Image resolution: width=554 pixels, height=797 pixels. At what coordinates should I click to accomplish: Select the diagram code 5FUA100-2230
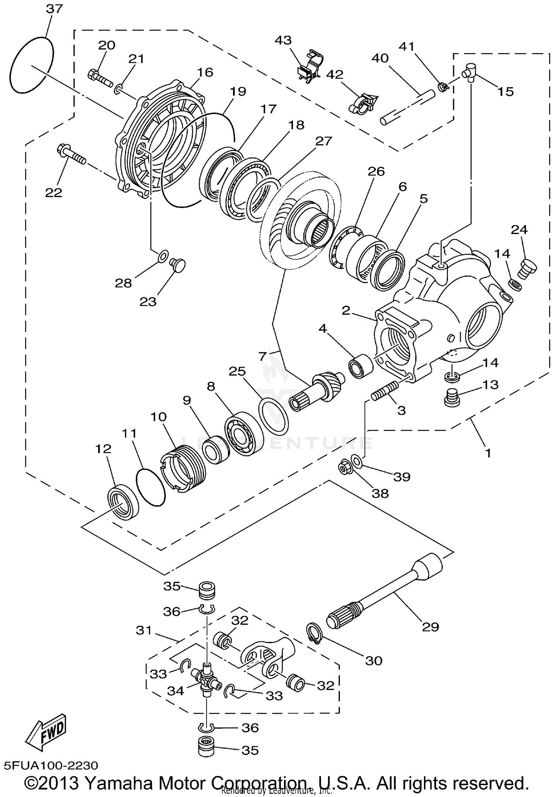point(51,765)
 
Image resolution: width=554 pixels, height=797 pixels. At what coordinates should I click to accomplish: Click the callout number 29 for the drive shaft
point(430,627)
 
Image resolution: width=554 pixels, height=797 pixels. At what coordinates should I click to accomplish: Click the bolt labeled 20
point(100,78)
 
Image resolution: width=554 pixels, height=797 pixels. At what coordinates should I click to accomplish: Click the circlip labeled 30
point(315,634)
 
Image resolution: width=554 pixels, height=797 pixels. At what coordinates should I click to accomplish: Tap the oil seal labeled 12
point(123,503)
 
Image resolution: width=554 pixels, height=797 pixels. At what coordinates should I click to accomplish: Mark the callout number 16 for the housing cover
point(205,72)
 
